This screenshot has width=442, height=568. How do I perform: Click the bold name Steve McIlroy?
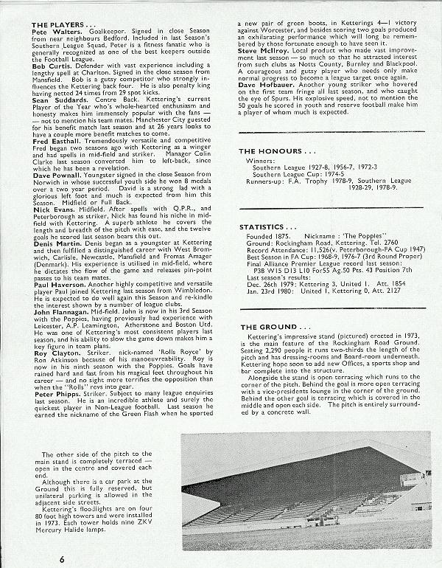pyautogui.click(x=263, y=71)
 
